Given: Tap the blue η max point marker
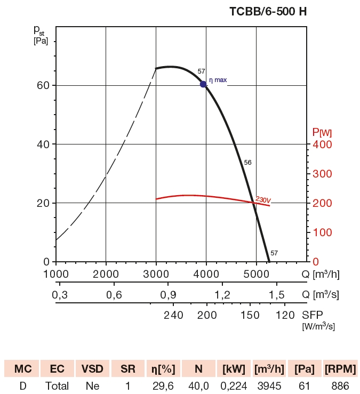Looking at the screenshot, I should coord(203,84).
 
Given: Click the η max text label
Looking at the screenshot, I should coord(218,80).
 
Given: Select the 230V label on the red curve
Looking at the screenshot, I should coord(263,200).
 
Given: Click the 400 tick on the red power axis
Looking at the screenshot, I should coord(322,144).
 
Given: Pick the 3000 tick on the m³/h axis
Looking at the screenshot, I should coord(156,274).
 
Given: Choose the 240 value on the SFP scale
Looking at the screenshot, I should coord(173,315).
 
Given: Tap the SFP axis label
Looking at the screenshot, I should coord(312,315).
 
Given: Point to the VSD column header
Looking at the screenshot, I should coord(93,368).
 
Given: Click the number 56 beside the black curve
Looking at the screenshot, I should coord(247,162).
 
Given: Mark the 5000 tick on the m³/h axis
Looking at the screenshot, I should coord(256,274).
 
